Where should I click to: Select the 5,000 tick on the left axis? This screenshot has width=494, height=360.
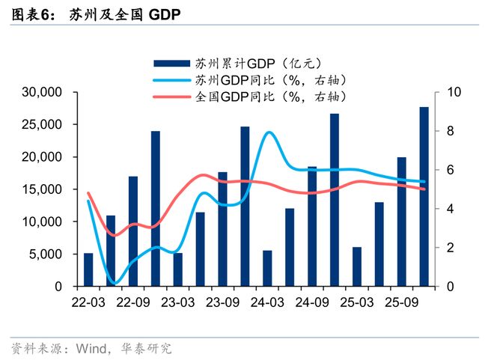point(48,254)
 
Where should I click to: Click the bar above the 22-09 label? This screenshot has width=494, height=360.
point(133,232)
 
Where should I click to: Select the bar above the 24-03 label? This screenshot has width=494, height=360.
point(267,268)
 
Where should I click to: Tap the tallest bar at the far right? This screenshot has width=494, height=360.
point(424,196)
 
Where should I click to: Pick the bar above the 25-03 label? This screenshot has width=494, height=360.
point(357,266)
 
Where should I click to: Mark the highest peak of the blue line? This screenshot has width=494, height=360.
point(268,132)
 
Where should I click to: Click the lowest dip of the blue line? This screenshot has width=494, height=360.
point(115,284)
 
